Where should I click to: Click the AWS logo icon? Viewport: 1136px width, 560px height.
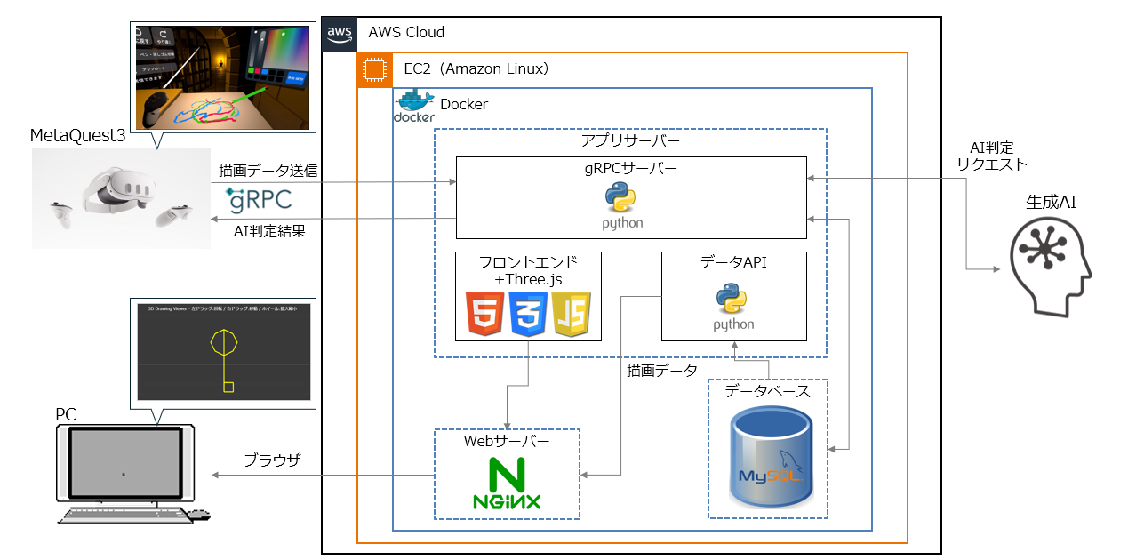[340, 34]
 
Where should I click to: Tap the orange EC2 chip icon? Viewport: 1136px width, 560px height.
[375, 69]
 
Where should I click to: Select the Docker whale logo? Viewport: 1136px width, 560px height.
[414, 106]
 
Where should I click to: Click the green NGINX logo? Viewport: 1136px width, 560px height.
[506, 484]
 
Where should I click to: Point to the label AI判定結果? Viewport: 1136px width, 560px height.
[269, 231]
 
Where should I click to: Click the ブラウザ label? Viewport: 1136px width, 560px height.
[272, 460]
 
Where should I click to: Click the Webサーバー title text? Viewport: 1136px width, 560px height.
[507, 441]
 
